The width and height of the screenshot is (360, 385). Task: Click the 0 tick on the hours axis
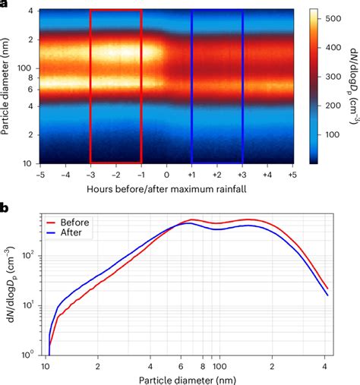(x=167, y=174)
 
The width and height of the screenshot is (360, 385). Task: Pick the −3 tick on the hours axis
(x=90, y=174)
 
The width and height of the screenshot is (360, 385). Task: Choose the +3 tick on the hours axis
(x=242, y=174)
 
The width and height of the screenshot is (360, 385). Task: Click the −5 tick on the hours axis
(x=39, y=174)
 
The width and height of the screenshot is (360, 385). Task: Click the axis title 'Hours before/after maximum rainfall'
(x=166, y=188)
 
